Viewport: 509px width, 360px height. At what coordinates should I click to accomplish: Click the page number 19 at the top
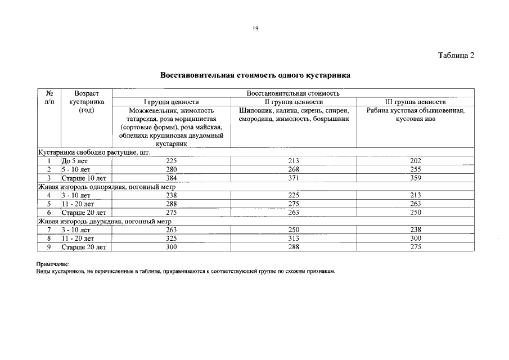coord(255,28)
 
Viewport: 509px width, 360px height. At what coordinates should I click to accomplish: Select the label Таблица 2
coord(456,55)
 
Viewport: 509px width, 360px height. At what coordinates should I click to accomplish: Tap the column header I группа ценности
coord(172,102)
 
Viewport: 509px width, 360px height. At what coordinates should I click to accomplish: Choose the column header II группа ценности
coord(293,102)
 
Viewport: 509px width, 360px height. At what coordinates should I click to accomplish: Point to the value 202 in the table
coord(415,161)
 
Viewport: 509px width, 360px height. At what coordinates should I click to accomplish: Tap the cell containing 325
coord(172,238)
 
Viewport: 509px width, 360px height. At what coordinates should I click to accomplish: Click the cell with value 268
coord(293,169)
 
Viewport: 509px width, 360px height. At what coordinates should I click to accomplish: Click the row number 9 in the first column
coord(49,247)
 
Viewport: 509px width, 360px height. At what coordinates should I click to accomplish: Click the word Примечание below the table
coord(53,264)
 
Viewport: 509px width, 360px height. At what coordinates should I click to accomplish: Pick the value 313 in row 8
coord(293,238)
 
